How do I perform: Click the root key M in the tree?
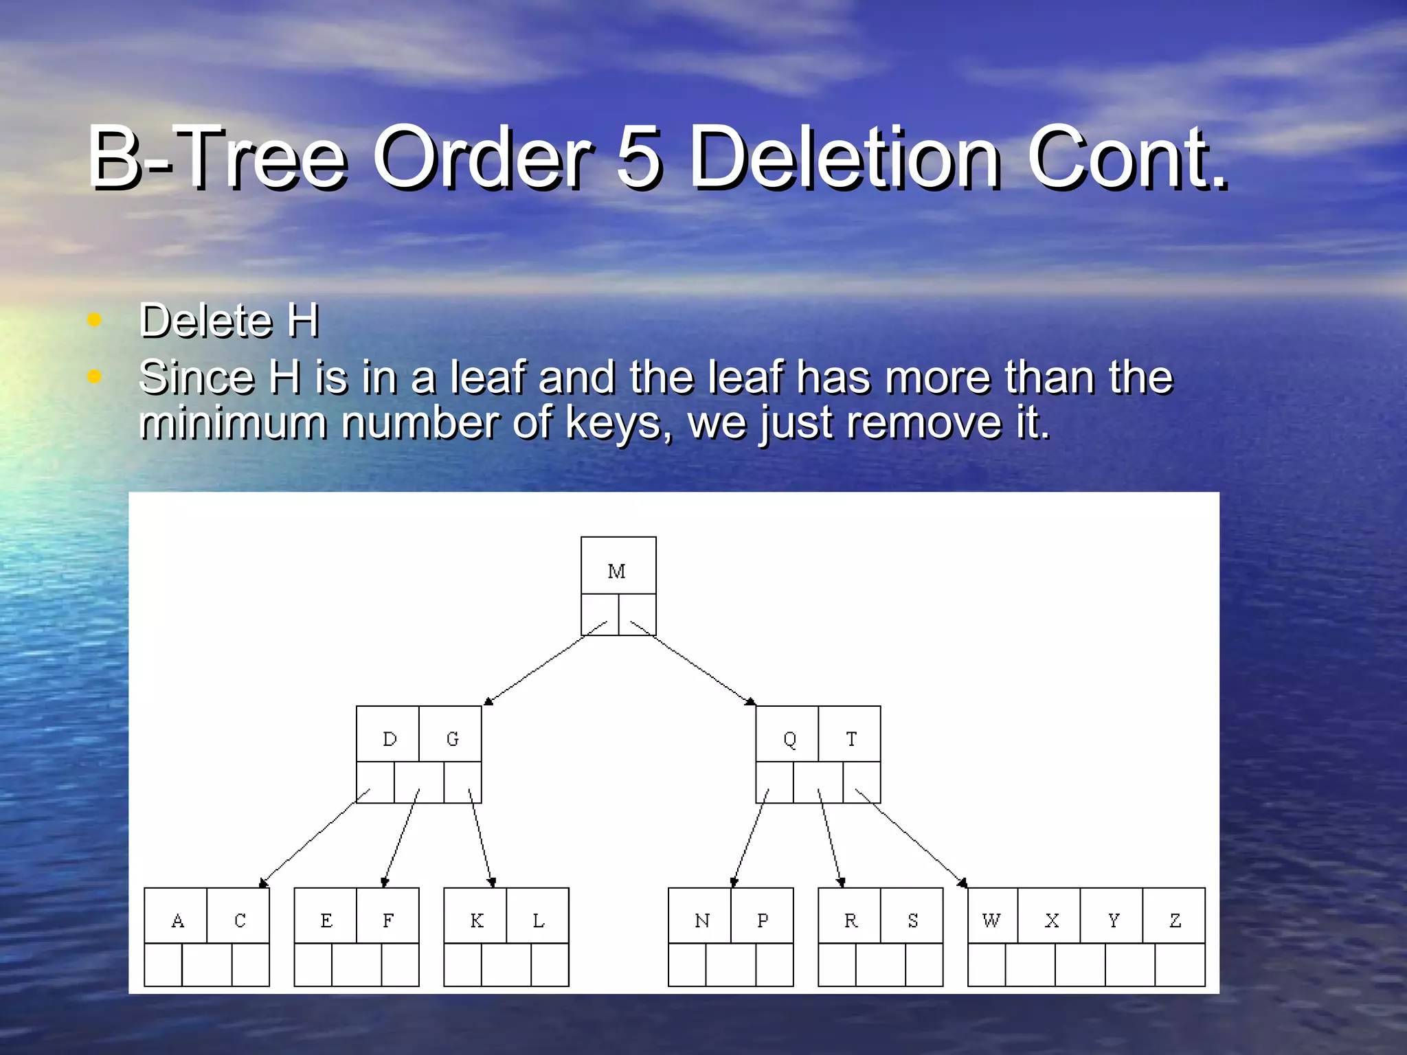[x=616, y=571]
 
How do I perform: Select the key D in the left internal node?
[x=390, y=739]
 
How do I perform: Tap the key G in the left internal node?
[x=452, y=739]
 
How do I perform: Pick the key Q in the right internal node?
[x=789, y=739]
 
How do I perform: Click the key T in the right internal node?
[x=851, y=739]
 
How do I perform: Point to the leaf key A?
[x=177, y=920]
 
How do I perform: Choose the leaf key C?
[x=240, y=920]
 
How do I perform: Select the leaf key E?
[x=326, y=920]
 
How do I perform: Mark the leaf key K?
[x=476, y=920]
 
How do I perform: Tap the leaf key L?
[x=539, y=920]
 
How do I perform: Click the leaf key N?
[x=701, y=920]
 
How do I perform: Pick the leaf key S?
[x=912, y=920]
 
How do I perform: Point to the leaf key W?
[x=991, y=920]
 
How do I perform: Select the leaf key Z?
[x=1175, y=920]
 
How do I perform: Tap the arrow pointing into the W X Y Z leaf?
[x=911, y=838]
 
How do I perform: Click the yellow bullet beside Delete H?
[x=95, y=320]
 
